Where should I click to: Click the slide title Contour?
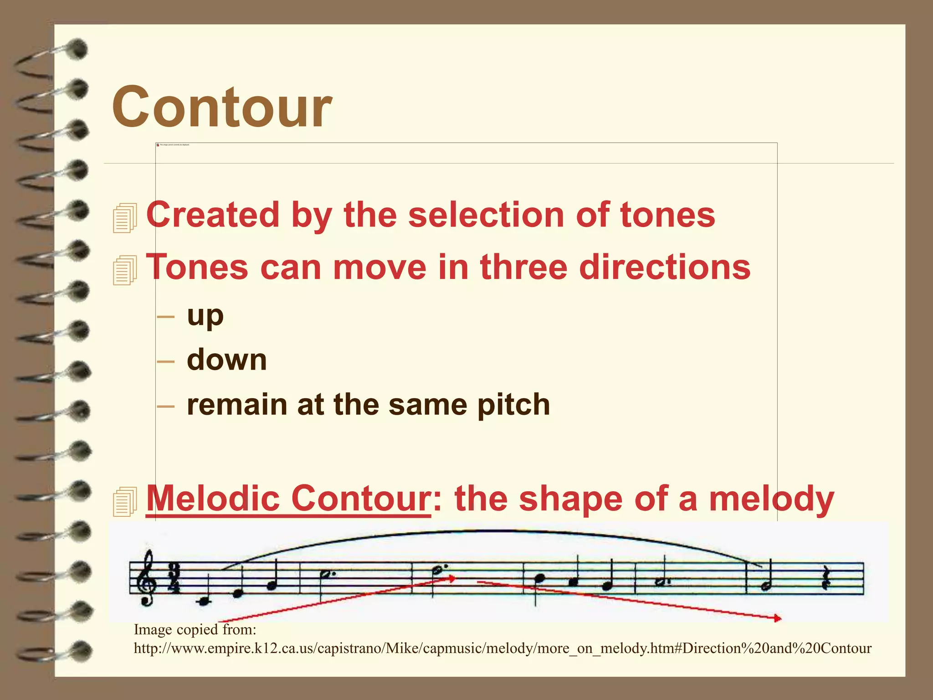click(x=222, y=108)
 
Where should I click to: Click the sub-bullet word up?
click(x=205, y=315)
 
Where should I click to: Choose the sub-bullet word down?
click(x=226, y=360)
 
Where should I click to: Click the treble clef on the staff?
click(x=148, y=578)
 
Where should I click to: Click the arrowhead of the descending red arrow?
click(x=778, y=618)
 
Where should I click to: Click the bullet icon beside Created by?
click(x=125, y=218)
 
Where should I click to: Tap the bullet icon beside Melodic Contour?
click(x=125, y=501)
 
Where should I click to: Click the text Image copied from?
click(x=195, y=630)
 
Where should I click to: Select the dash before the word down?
click(x=165, y=362)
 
